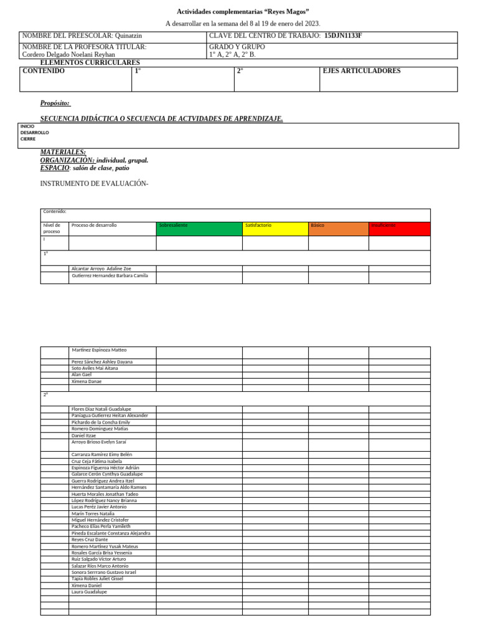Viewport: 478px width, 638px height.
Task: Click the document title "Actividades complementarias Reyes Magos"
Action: pyautogui.click(x=243, y=12)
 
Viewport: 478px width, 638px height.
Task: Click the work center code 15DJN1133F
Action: pyautogui.click(x=343, y=36)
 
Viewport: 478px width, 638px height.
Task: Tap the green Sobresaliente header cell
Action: pyautogui.click(x=199, y=228)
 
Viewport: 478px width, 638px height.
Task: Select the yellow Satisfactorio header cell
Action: pyautogui.click(x=275, y=228)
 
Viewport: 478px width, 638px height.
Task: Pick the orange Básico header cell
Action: pyautogui.click(x=338, y=228)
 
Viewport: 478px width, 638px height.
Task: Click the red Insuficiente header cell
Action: pyautogui.click(x=399, y=228)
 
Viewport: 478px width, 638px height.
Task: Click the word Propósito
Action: pyautogui.click(x=55, y=103)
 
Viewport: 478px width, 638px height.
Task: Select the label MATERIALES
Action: pyautogui.click(x=63, y=152)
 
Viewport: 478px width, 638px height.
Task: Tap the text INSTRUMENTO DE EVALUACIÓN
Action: pyautogui.click(x=94, y=184)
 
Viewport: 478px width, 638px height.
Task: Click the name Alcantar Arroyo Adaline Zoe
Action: pyautogui.click(x=101, y=269)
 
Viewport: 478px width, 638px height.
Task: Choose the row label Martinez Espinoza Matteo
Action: pyautogui.click(x=99, y=350)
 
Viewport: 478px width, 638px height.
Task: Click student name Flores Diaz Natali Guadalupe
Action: pyautogui.click(x=101, y=409)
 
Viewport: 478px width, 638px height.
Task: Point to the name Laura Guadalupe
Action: pyautogui.click(x=89, y=592)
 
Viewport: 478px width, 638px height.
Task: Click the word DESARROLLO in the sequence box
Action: pyautogui.click(x=34, y=133)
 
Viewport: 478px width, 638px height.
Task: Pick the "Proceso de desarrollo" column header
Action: pyautogui.click(x=94, y=225)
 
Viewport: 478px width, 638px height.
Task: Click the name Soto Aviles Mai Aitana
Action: pyautogui.click(x=95, y=368)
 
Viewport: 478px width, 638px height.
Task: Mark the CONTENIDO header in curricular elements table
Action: pyautogui.click(x=44, y=71)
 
